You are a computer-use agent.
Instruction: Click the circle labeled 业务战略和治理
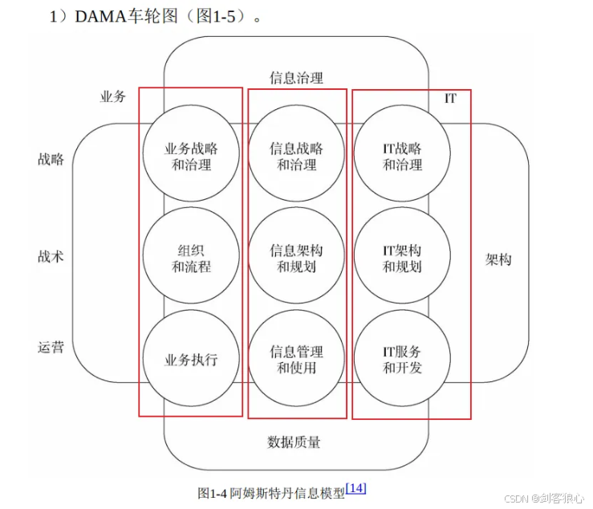[x=191, y=156]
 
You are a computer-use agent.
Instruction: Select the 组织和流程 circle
[x=191, y=258]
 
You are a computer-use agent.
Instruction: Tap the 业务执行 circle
[x=191, y=359]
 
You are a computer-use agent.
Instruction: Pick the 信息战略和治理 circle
[x=297, y=156]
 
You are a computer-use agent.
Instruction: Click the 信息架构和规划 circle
[x=297, y=258]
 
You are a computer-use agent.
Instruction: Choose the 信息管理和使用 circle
[x=297, y=359]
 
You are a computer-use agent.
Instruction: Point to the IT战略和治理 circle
[x=402, y=156]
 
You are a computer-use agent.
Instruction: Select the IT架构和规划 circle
[x=402, y=258]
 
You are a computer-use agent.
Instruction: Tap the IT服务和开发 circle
[x=402, y=359]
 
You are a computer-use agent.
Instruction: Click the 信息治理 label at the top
[x=296, y=78]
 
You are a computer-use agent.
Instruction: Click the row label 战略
[x=51, y=159]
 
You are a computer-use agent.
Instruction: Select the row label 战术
[x=51, y=257]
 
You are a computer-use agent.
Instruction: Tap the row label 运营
[x=51, y=348]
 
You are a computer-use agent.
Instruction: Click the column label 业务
[x=112, y=96]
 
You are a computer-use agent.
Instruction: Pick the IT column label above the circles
[x=451, y=98]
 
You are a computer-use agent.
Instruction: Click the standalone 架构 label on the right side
[x=498, y=259]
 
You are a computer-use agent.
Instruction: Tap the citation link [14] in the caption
[x=355, y=488]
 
